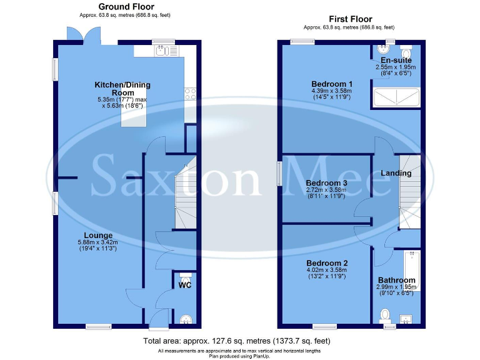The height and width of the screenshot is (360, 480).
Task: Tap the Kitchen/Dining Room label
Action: coord(122,89)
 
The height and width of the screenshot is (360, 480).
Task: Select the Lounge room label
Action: coord(99,236)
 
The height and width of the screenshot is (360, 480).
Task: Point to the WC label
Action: coord(185,286)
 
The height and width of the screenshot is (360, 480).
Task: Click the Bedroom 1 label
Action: coord(332,84)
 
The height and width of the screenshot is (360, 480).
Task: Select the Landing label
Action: coord(396,173)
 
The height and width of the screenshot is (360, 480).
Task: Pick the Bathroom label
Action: coord(396,280)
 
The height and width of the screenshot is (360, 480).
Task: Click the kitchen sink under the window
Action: coord(164,51)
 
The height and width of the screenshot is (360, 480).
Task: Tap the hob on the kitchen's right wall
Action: coord(191,94)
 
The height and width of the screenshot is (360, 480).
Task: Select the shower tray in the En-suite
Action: coord(396,97)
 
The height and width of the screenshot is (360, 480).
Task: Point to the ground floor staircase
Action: coord(185,194)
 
